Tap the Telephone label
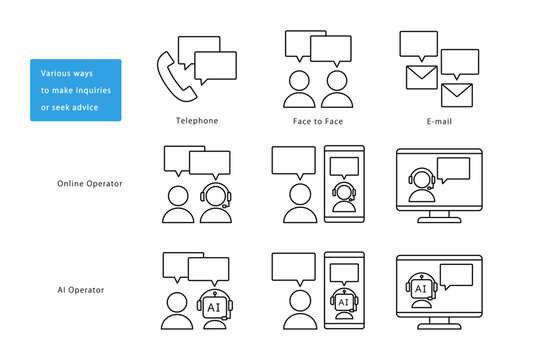[197, 121]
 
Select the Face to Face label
[318, 121]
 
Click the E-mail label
[439, 121]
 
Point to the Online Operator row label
[90, 184]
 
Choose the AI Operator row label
[81, 290]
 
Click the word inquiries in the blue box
[93, 90]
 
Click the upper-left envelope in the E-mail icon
[422, 78]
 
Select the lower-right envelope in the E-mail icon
[457, 95]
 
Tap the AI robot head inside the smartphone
[344, 301]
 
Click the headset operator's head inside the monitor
[422, 179]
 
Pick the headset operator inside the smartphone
[344, 197]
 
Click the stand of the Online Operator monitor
[439, 217]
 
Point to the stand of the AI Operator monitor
[439, 324]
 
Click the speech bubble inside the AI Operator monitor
[456, 276]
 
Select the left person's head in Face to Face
[299, 81]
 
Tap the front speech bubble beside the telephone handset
[215, 68]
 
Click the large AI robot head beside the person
[215, 305]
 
